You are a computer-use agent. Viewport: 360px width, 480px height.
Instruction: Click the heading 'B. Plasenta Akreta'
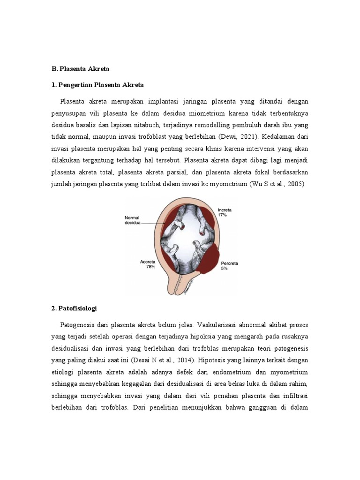click(80, 68)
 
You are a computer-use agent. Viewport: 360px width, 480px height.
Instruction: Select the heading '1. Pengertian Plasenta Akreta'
click(97, 85)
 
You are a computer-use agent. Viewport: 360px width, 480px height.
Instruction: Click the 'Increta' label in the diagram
click(224, 210)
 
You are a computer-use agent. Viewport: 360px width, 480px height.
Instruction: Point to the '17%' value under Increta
click(222, 215)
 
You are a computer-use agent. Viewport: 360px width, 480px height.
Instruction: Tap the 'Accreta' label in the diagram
click(148, 262)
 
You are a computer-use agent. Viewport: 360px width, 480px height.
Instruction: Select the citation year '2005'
click(295, 184)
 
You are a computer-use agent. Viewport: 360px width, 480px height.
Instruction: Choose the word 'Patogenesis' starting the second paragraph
click(78, 325)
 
